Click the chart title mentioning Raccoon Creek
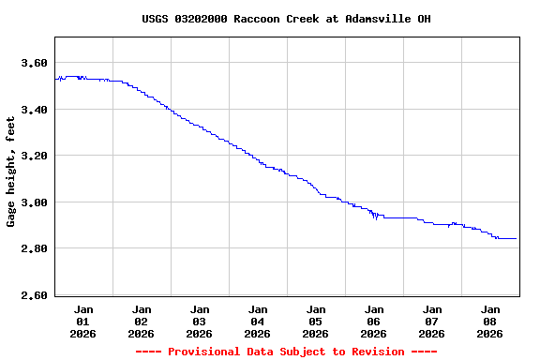pyautogui.click(x=286, y=19)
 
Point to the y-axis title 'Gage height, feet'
pyautogui.click(x=11, y=172)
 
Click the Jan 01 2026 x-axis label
pyautogui.click(x=83, y=321)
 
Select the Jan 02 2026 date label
pyautogui.click(x=142, y=321)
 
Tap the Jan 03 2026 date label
pyautogui.click(x=200, y=321)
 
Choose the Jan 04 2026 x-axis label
pyautogui.click(x=258, y=321)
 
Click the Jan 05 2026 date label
pyautogui.click(x=316, y=321)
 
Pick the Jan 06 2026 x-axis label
pyautogui.click(x=374, y=321)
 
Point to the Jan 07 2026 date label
pyautogui.click(x=432, y=321)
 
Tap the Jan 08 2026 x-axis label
pyautogui.click(x=490, y=321)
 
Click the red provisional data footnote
pyautogui.click(x=286, y=352)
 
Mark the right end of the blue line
pyautogui.click(x=516, y=238)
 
